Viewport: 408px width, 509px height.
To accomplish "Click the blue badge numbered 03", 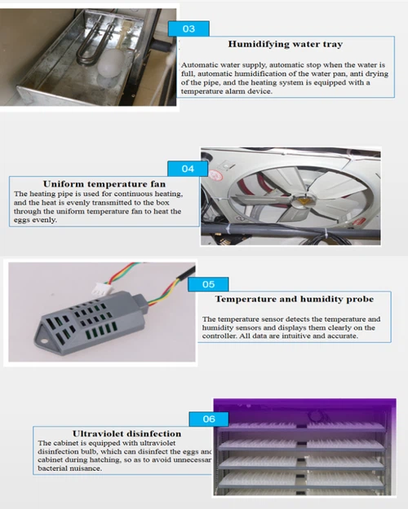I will point(188,29).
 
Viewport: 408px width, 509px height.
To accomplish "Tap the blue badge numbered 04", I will point(188,169).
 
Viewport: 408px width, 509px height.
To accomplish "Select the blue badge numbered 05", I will point(208,285).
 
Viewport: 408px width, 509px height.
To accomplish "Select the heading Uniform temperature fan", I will point(93,183).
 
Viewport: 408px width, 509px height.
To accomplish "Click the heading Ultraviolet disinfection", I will point(113,433).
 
